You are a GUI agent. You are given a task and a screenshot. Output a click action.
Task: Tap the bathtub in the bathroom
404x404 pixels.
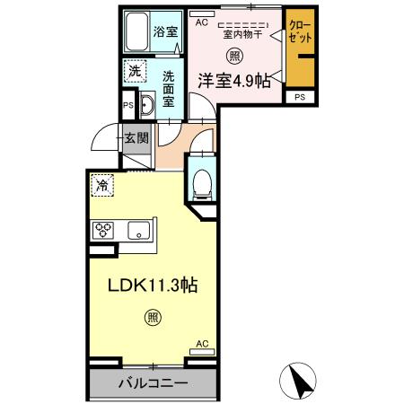(136, 33)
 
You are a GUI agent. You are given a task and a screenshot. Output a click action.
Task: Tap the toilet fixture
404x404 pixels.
(202, 183)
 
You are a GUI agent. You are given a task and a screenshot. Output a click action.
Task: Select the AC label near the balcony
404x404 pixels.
(202, 343)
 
